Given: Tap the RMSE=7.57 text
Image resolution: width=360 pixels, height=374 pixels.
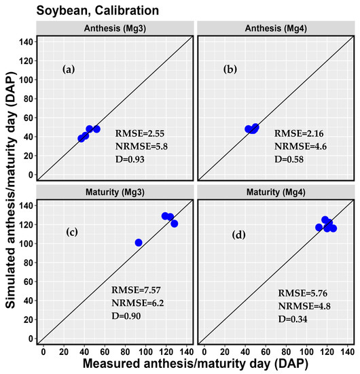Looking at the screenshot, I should point(136,290).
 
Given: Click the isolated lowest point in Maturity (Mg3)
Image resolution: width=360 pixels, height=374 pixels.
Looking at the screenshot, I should point(138,243).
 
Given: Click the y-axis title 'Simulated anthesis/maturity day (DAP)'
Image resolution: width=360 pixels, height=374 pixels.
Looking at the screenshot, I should point(10,187).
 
